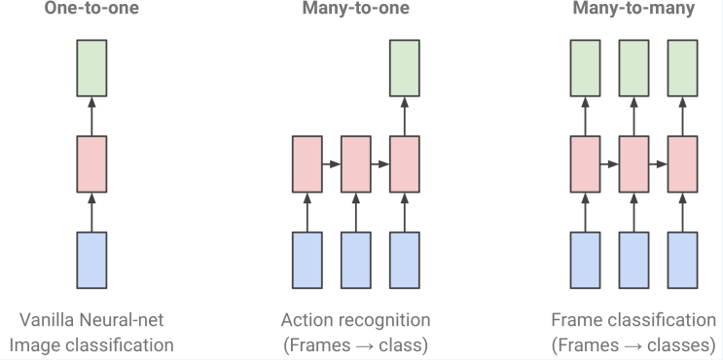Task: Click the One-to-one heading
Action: (91, 8)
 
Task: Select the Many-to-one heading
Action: (355, 8)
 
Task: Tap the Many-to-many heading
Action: (633, 8)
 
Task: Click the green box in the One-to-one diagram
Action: (91, 68)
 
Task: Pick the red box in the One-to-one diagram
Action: (91, 164)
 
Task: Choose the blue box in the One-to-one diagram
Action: (91, 260)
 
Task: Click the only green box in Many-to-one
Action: (404, 68)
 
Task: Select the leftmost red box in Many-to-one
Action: (307, 164)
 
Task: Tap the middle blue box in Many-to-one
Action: (355, 260)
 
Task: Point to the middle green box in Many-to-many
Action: (633, 68)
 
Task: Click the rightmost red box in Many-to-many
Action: (682, 164)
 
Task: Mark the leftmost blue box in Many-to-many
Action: (585, 260)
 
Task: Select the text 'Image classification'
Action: (91, 343)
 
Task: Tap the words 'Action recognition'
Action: (355, 320)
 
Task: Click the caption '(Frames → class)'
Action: (355, 343)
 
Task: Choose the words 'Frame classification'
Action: (633, 320)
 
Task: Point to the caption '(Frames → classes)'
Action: (633, 343)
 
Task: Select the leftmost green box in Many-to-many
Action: (585, 68)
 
